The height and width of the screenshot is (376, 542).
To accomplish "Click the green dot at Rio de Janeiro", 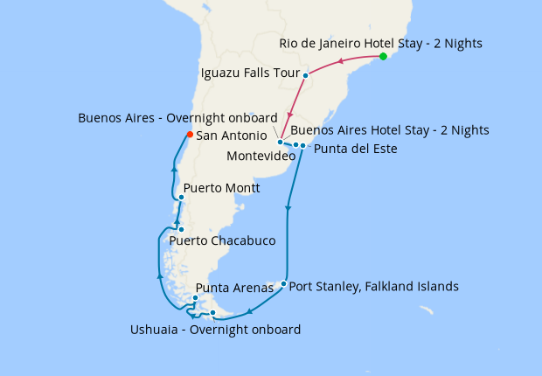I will coord(383,57).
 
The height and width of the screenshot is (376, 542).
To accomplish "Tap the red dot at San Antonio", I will coord(189,135).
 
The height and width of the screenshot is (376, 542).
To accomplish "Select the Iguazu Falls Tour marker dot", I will coord(305,76).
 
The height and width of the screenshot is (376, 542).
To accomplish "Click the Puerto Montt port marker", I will coord(181,198).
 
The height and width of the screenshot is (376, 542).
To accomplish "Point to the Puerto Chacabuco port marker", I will coord(181,230).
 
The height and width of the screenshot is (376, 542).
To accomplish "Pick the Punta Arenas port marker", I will coord(195,298).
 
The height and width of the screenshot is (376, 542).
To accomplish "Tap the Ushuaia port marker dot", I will coord(212,312).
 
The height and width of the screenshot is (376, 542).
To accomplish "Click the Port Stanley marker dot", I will coord(283,283).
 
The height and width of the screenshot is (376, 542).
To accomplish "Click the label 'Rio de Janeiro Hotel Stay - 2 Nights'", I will coord(380,43).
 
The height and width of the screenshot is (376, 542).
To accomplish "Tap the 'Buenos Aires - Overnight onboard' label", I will coord(177,117).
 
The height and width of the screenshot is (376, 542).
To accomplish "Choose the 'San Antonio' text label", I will coord(232,136).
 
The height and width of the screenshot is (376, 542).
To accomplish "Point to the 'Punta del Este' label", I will coord(356,149).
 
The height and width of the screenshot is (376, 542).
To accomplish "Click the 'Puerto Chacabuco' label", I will coord(222,240).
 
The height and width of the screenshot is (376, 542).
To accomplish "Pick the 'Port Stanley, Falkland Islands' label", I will coord(373,286).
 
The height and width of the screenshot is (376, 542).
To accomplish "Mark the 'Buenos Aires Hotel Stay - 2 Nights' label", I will coord(389,130).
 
